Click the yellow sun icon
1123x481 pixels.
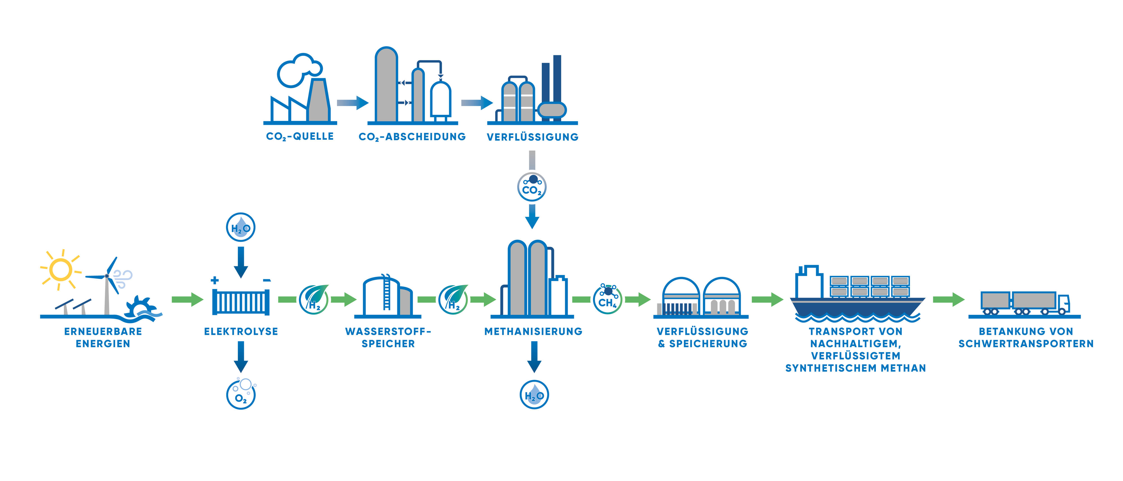pos(61,270)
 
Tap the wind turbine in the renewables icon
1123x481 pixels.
pos(107,285)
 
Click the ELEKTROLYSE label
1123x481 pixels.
pos(241,331)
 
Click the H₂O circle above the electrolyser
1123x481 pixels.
pos(241,227)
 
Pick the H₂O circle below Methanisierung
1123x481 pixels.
pos(535,395)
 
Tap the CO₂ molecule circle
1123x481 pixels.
pos(532,187)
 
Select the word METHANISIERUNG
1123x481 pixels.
pos(534,331)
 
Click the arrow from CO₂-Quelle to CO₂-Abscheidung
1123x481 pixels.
pos(353,103)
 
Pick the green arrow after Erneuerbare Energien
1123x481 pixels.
pos(188,299)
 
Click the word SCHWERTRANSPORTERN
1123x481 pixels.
pos(1026,344)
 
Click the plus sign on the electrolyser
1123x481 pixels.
pos(214,280)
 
